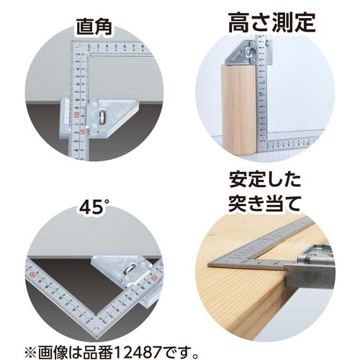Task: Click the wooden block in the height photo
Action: click(x=238, y=108)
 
